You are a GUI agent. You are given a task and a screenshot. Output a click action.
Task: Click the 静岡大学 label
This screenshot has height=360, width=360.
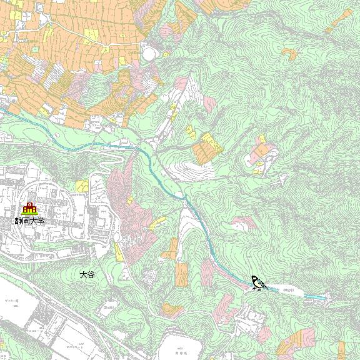(31, 221)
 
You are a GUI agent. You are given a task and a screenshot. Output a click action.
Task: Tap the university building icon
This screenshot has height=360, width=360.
(29, 209)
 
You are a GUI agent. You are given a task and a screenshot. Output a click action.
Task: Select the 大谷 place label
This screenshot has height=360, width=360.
(87, 274)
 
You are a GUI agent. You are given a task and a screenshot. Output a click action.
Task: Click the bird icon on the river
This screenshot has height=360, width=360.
(258, 284)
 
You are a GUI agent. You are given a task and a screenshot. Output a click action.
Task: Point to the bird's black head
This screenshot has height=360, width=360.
(254, 279)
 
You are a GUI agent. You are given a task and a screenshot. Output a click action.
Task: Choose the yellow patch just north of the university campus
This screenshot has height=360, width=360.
(82, 185)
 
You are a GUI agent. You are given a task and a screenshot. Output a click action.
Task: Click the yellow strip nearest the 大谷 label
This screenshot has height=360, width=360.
(118, 252)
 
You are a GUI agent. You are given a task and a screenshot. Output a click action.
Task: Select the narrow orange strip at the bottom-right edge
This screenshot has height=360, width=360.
(341, 350)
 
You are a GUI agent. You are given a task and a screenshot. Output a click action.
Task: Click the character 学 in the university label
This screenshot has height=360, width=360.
(41, 221)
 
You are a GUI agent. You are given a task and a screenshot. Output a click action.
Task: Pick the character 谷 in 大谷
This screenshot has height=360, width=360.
(91, 274)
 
